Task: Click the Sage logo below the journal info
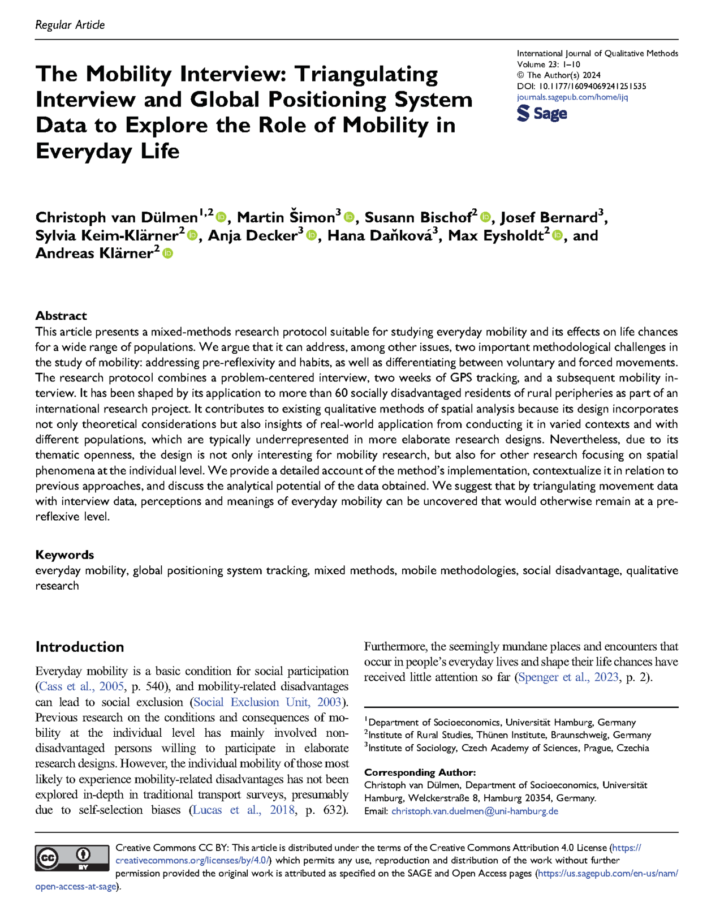tap(541, 113)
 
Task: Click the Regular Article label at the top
tap(70, 25)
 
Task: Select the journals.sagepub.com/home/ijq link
tap(572, 97)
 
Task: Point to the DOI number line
tap(581, 86)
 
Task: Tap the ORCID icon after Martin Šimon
tap(349, 217)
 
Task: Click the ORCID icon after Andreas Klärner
tap(167, 254)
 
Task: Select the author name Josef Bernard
tap(549, 217)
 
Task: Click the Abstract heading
tap(61, 316)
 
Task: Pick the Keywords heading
tap(64, 555)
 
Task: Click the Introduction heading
tap(79, 647)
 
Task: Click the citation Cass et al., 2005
tap(81, 686)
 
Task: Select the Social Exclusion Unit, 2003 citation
tap(267, 702)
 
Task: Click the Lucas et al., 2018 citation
tap(244, 810)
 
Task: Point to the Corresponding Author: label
tap(420, 772)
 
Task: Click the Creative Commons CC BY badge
tap(72, 858)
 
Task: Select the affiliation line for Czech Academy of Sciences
tap(508, 748)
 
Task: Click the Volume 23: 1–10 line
tap(548, 65)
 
